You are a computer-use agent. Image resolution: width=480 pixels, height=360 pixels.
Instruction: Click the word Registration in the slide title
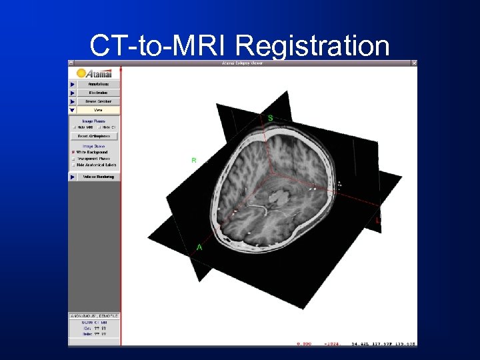tap(312, 46)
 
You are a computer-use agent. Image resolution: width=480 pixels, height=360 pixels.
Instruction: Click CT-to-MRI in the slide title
tap(160, 46)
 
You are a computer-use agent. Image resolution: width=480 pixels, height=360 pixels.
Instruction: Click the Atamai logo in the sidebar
tap(94, 73)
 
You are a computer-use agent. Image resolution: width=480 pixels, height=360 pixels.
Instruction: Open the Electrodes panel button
tap(98, 93)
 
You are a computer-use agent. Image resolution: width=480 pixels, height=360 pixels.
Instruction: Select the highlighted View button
tap(98, 110)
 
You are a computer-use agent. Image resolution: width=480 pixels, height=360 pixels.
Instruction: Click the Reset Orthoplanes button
tap(94, 136)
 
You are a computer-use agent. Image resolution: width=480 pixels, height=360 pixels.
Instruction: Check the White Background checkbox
tap(73, 152)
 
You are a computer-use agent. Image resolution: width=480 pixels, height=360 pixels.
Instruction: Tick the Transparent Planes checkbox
tap(73, 159)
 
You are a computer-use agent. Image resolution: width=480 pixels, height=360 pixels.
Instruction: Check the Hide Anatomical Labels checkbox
tap(73, 165)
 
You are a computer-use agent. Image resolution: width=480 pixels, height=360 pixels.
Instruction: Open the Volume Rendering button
tap(98, 177)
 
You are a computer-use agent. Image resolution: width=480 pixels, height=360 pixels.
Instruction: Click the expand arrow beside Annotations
tap(72, 85)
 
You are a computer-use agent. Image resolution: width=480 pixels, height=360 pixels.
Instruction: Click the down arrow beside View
tap(72, 110)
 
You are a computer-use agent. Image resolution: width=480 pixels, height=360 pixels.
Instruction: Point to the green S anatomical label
tap(270, 118)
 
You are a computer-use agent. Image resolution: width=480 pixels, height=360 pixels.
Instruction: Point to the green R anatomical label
tap(193, 161)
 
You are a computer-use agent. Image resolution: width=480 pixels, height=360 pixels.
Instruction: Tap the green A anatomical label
tap(198, 247)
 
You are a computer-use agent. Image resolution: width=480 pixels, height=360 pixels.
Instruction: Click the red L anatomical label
tap(377, 220)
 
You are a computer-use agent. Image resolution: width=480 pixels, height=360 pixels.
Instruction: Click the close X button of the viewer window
tap(414, 63)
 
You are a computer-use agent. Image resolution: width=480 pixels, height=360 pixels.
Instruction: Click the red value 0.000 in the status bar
tap(303, 344)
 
